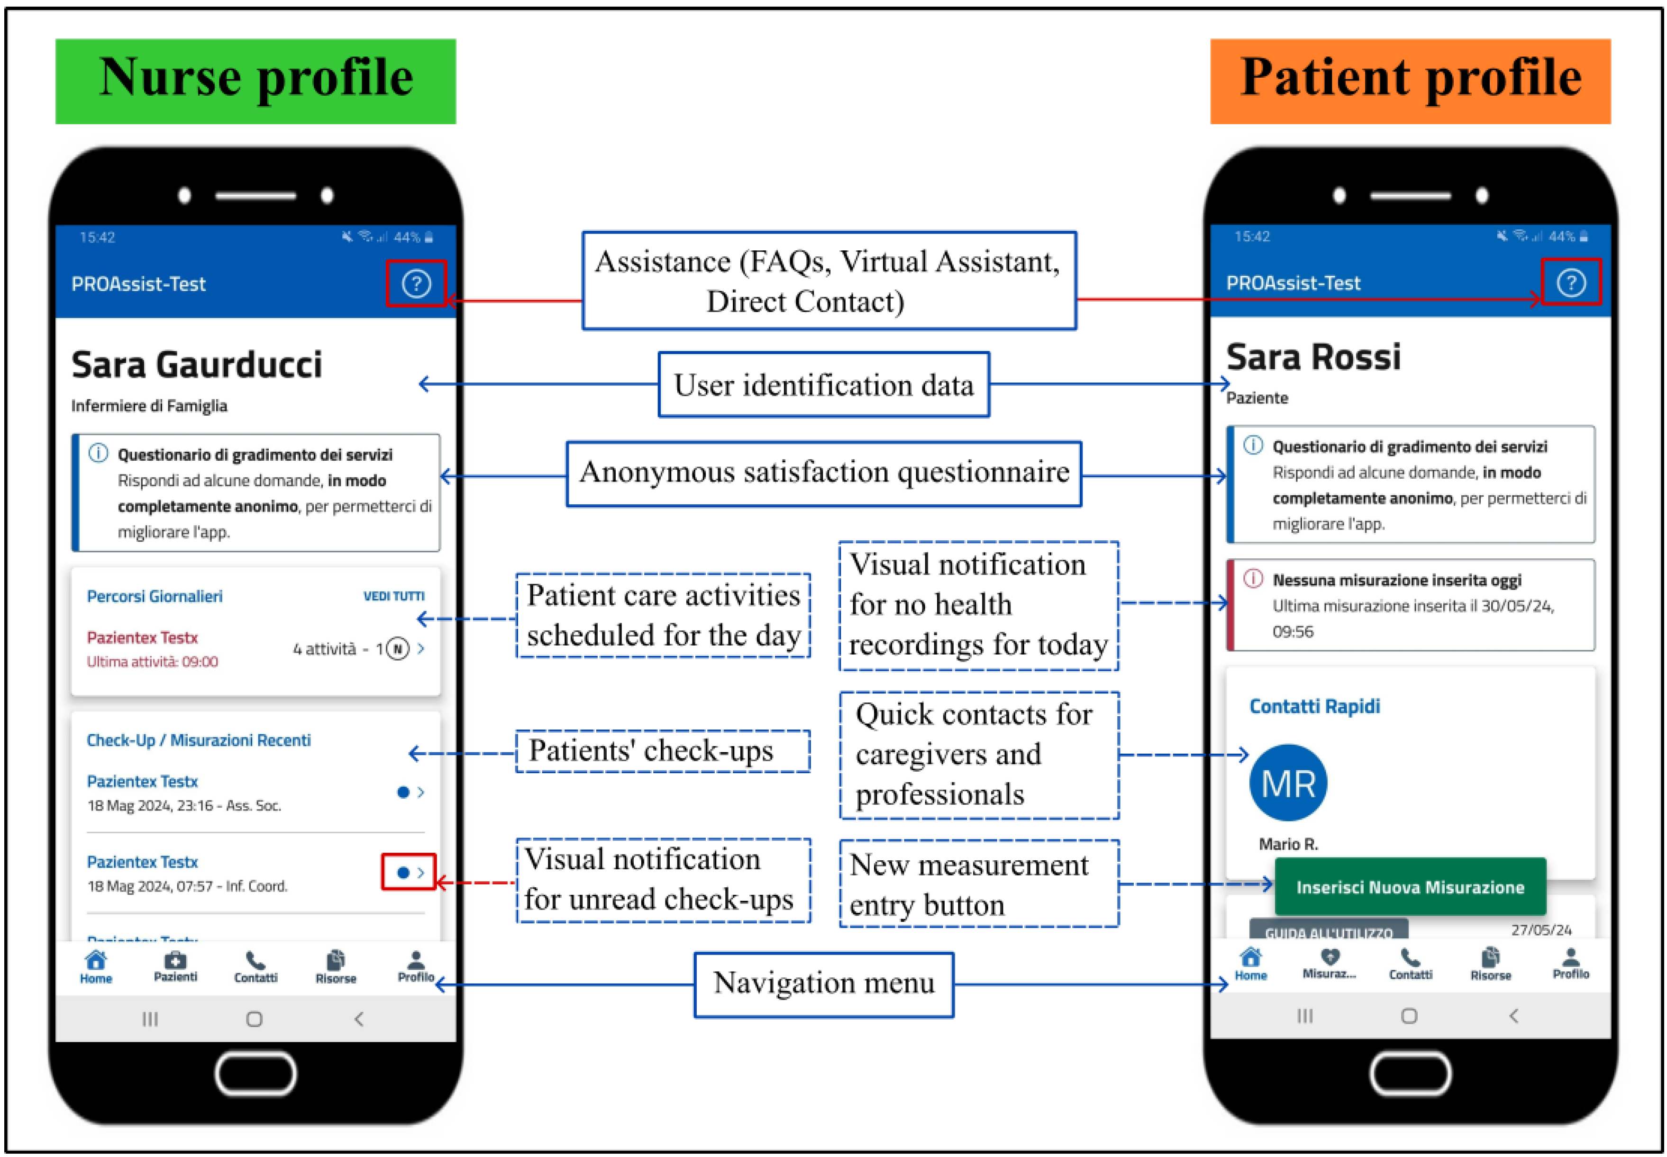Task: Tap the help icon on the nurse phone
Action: [416, 283]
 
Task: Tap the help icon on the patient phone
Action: [1571, 282]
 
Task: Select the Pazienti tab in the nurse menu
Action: [175, 966]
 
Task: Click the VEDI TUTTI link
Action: [393, 596]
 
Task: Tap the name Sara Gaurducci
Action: [196, 364]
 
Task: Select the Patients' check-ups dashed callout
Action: [663, 751]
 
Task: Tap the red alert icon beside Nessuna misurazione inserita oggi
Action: [1252, 578]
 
